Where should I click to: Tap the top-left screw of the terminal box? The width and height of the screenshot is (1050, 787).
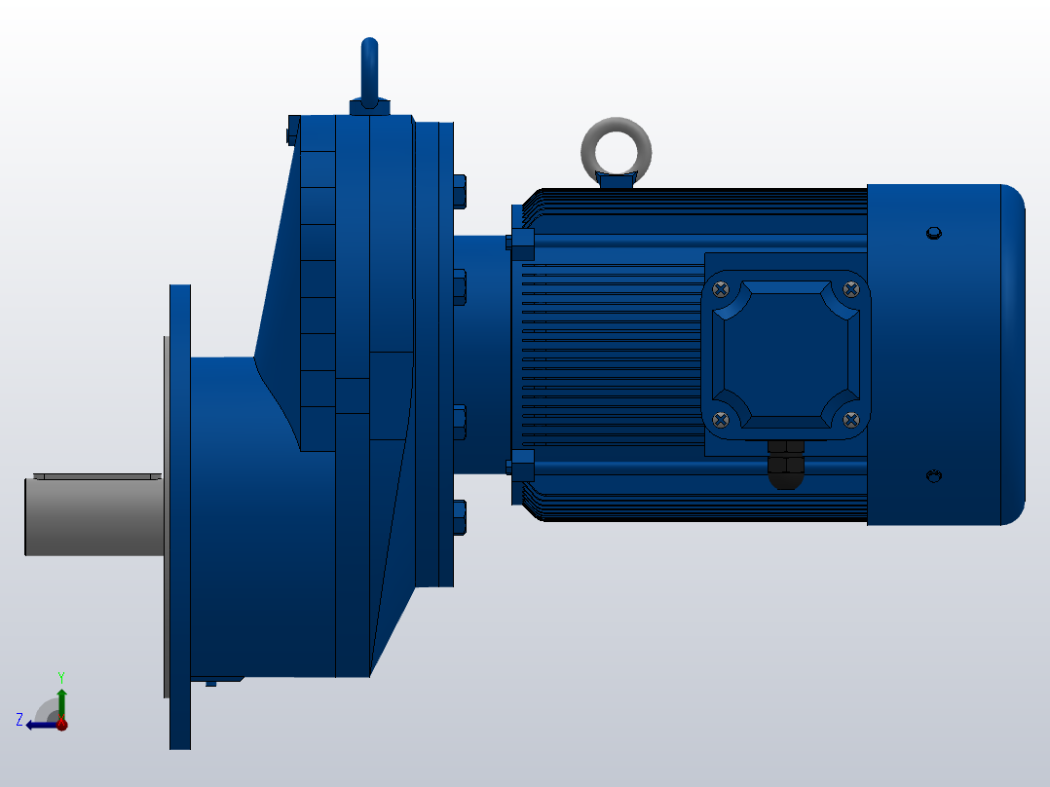coord(721,288)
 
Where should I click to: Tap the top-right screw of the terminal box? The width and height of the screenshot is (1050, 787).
coord(851,288)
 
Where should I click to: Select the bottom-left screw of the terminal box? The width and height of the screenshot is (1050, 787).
coord(721,420)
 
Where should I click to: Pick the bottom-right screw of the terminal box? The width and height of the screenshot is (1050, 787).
coord(851,420)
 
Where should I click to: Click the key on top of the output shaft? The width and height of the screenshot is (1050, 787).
coord(97,476)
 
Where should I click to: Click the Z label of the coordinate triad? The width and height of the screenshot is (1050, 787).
coord(19,720)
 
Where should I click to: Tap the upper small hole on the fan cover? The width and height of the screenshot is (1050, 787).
coord(933,233)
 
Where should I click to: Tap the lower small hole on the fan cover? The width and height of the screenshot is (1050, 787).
coord(933,476)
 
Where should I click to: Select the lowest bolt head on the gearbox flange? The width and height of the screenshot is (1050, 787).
coord(460,516)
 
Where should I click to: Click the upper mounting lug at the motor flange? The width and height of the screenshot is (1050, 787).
coord(522,241)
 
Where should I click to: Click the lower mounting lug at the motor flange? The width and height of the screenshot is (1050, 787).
coord(522,467)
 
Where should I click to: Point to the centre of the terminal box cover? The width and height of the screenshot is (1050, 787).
coord(786,355)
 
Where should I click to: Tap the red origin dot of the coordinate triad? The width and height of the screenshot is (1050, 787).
coord(61,725)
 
